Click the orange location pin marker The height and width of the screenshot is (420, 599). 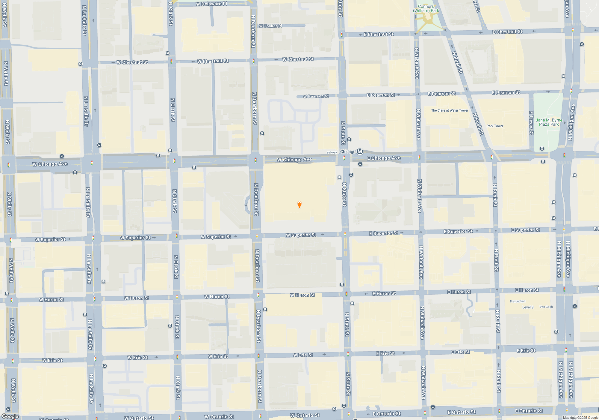299,205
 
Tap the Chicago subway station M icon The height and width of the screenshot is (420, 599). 360,151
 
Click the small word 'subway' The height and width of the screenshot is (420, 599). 332,152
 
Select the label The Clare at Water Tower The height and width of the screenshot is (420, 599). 450,110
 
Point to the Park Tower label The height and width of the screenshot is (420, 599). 495,126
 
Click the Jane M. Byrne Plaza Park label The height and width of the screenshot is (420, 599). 549,122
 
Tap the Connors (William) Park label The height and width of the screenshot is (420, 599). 426,8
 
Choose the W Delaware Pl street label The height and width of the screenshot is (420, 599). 211,4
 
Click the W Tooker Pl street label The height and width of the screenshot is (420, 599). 270,26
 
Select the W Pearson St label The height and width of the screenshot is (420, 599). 316,96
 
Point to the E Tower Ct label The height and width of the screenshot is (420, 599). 531,123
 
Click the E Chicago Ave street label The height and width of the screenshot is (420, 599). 384,158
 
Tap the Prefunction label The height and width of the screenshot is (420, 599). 518,301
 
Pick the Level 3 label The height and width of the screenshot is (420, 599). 528,307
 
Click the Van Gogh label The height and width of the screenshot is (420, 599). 546,307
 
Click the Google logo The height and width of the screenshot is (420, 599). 10,416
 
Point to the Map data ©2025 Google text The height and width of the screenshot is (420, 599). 580,418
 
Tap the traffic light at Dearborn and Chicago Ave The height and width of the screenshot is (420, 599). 255,160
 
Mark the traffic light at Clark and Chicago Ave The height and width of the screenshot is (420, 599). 174,161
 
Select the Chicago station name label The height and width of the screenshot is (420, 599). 348,151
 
